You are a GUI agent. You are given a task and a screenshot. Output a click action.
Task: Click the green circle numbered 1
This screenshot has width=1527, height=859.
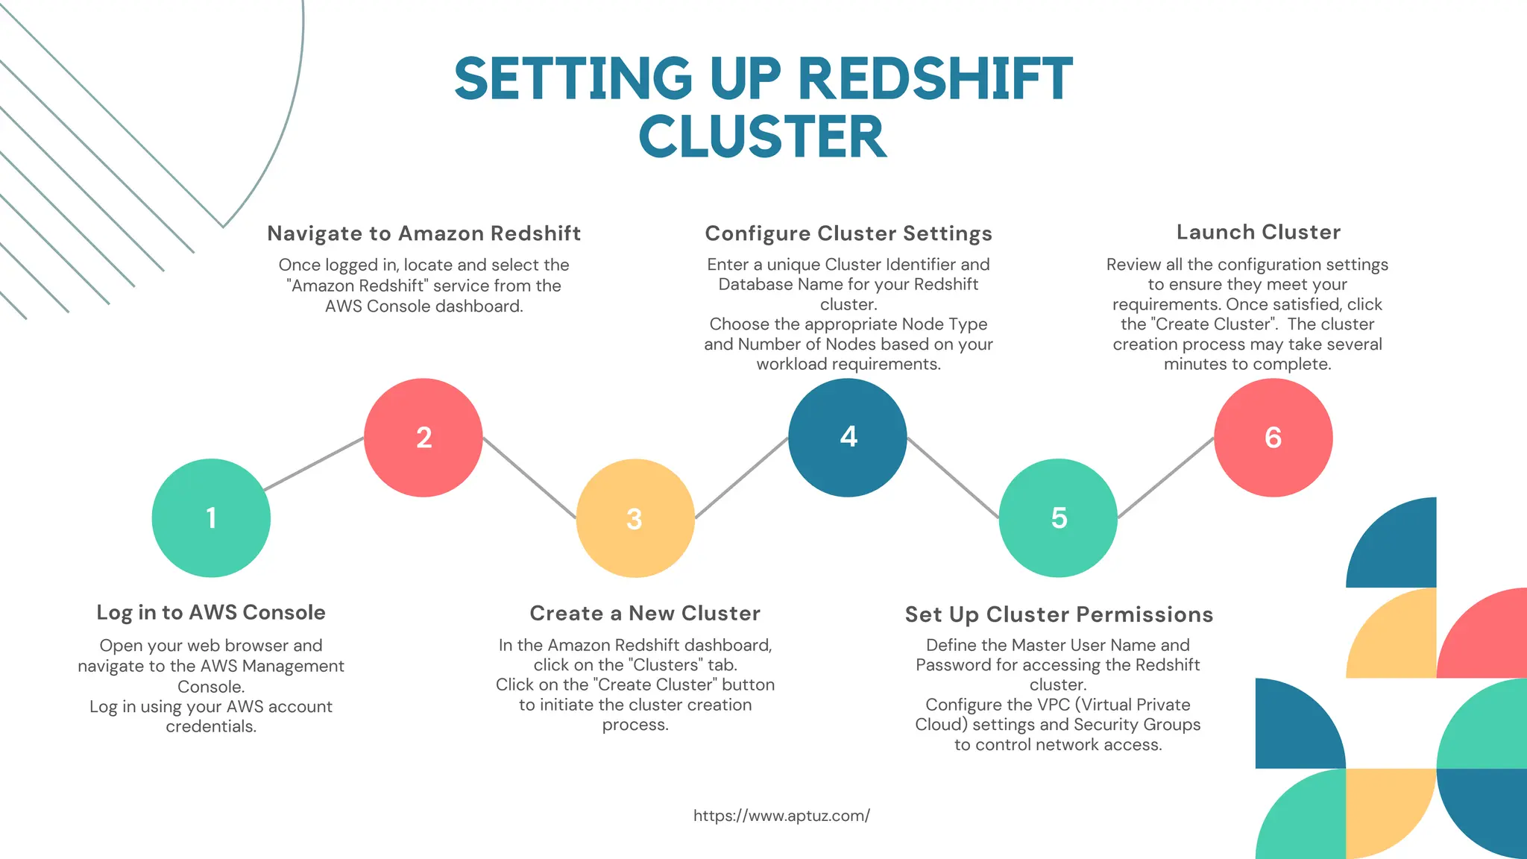pos(211,518)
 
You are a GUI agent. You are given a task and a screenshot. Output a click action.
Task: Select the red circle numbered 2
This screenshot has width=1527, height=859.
pos(424,438)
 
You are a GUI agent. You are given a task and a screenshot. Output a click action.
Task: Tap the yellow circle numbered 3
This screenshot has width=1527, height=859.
pos(635,518)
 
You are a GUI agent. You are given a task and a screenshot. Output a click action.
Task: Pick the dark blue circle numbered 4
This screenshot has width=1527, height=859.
pos(848,438)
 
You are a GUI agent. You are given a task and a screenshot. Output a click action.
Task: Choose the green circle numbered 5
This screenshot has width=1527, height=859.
pos(1058,518)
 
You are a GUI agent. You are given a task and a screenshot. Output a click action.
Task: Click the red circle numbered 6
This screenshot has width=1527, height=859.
pos(1273,438)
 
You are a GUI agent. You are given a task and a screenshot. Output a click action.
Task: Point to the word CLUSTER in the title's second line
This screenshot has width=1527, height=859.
pos(763,137)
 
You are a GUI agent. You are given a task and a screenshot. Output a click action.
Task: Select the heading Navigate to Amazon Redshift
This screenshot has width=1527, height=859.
pos(424,233)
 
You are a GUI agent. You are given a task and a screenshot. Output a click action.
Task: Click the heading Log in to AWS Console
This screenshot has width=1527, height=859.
pos(211,612)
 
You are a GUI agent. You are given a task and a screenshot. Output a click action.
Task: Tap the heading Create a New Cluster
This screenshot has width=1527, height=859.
pos(645,613)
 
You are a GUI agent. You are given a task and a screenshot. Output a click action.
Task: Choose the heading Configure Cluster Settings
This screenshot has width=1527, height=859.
pos(848,233)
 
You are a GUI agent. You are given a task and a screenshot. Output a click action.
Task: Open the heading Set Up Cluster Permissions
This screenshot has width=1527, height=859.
pos(1059,614)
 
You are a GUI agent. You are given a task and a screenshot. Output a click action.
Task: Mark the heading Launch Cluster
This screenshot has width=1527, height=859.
pos(1259,232)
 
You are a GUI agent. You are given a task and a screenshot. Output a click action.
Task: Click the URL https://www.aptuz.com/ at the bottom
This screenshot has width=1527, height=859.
pos(781,816)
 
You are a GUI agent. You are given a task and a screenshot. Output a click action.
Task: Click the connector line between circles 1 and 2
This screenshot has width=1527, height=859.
pos(314,464)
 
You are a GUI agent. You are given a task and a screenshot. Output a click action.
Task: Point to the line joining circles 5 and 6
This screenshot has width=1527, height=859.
pos(1165,478)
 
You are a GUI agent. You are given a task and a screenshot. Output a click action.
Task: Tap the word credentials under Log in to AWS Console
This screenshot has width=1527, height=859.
pos(211,726)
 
